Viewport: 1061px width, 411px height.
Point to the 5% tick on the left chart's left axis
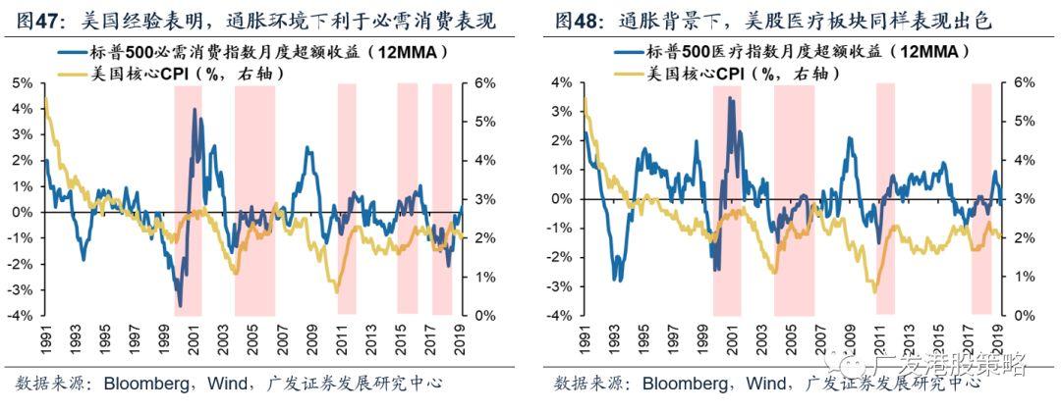tap(21, 83)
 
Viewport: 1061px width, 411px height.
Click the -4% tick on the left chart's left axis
tap(19, 316)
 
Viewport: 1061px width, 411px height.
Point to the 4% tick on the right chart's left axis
tap(560, 83)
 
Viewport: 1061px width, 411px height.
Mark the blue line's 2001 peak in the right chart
tap(731, 98)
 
